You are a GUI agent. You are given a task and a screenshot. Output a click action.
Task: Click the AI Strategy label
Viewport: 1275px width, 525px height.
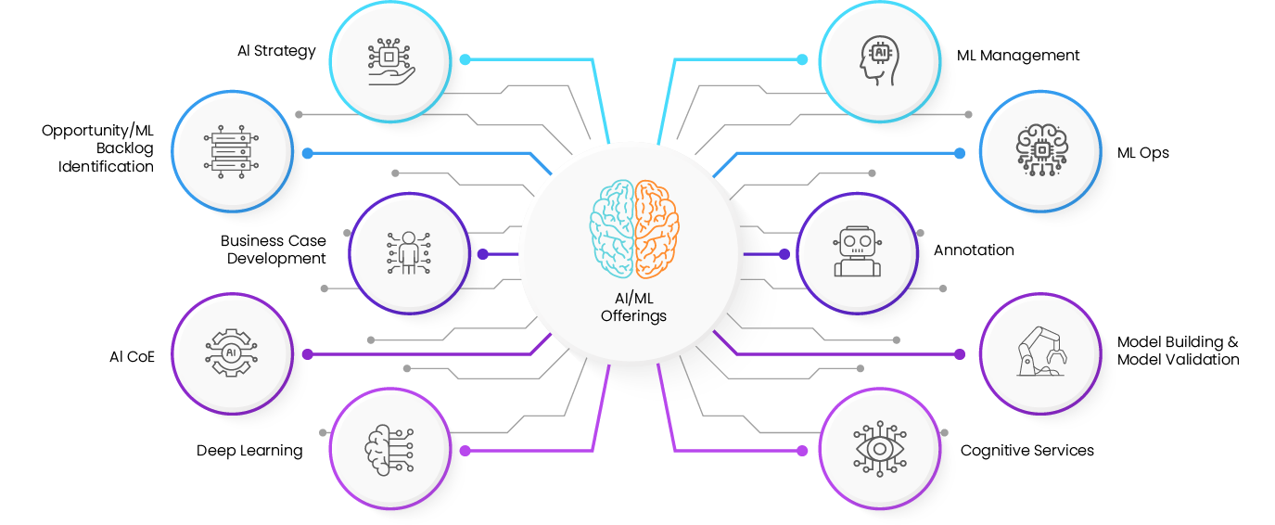(x=276, y=51)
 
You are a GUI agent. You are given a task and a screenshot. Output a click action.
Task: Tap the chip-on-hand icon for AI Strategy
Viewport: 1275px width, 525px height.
(x=390, y=61)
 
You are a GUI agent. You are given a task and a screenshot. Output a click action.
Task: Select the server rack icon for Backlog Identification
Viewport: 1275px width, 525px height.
(x=231, y=152)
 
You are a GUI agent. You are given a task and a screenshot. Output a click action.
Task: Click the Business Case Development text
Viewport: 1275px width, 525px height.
(x=274, y=250)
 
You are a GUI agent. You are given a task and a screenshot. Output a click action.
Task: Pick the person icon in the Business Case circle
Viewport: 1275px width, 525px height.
(x=409, y=253)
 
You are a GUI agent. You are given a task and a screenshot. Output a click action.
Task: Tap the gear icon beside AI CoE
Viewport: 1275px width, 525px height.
(x=231, y=353)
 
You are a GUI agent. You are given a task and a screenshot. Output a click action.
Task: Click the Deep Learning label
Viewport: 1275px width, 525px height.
(x=249, y=451)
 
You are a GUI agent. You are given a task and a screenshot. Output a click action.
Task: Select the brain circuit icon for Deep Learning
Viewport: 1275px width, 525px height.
(x=389, y=450)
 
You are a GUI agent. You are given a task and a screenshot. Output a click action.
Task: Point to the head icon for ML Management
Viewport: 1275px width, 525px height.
(x=879, y=60)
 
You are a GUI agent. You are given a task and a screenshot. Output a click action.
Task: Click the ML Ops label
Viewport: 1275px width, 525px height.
(x=1143, y=153)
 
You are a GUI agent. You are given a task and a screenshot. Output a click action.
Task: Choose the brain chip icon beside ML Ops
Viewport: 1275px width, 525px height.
(x=1041, y=149)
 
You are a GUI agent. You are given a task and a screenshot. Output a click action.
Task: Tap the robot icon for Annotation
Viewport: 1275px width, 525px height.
(x=857, y=251)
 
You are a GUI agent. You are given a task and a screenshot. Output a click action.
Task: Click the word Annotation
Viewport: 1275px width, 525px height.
(x=974, y=250)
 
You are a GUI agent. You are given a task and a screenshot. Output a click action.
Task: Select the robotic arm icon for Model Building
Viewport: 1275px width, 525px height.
(x=1041, y=352)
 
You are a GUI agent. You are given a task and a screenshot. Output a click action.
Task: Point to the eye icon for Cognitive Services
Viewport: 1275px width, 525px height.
(x=879, y=449)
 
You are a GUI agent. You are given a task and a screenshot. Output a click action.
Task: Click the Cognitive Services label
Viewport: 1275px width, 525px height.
(x=1026, y=451)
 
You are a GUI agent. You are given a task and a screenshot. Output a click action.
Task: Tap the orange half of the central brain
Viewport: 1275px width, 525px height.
(x=657, y=228)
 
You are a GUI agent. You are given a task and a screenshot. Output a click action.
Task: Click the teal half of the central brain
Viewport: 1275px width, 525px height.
(x=612, y=228)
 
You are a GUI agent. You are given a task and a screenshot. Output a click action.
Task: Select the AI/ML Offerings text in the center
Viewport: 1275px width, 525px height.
(x=633, y=307)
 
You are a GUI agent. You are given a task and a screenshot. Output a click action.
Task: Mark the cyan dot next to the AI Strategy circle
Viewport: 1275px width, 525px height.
(x=465, y=59)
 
